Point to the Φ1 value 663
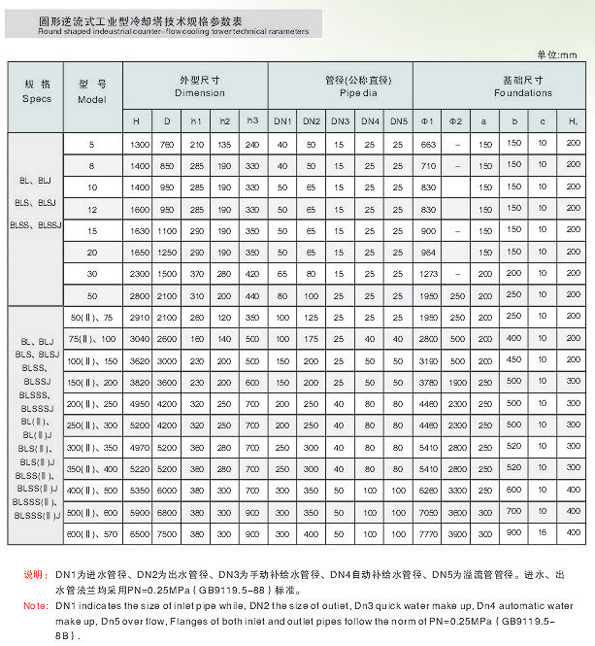pos(427,144)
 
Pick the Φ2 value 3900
pos(455,534)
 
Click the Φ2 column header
pos(455,121)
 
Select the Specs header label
pos(36,99)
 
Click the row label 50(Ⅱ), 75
pos(92,318)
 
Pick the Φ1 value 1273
pos(427,274)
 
